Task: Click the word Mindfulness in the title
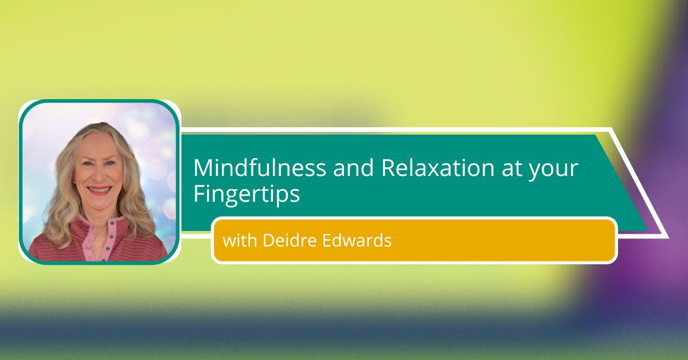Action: click(x=260, y=168)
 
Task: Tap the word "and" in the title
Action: click(x=353, y=168)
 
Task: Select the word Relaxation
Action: click(x=437, y=168)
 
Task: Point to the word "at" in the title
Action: click(x=511, y=169)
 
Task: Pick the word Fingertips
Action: click(x=247, y=194)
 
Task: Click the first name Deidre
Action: click(x=290, y=240)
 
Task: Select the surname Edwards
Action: click(x=357, y=240)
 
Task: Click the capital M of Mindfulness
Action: click(x=202, y=168)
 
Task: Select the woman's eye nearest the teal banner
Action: click(x=111, y=164)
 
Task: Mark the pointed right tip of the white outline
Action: click(x=668, y=237)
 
